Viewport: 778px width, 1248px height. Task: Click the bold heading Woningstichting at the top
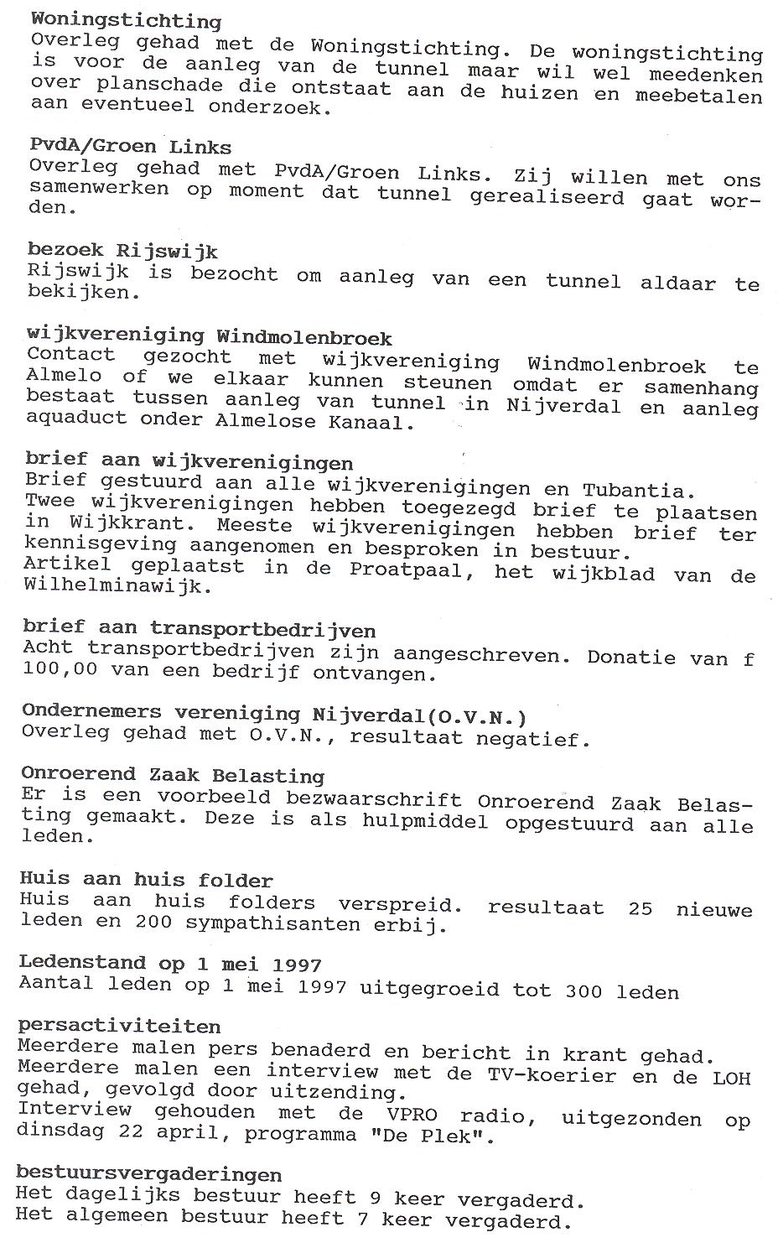click(126, 20)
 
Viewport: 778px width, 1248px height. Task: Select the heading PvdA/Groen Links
click(130, 147)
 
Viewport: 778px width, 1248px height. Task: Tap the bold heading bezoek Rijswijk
click(122, 251)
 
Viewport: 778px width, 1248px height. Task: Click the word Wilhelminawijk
click(113, 587)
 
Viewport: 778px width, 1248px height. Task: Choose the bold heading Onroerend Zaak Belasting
click(173, 775)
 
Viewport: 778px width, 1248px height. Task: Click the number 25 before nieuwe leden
click(640, 908)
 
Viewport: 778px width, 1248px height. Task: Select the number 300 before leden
click(583, 991)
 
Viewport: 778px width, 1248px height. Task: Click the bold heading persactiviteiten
click(119, 1027)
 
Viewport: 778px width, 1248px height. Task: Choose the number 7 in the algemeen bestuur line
click(363, 1218)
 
